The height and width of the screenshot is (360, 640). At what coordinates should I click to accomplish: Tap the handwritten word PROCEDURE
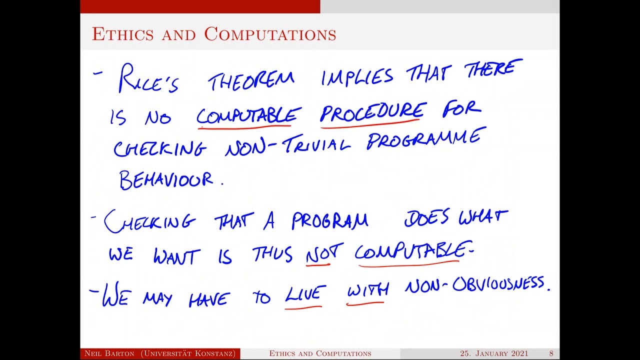tap(373, 111)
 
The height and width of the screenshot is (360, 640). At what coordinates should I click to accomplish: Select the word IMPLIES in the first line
tap(357, 77)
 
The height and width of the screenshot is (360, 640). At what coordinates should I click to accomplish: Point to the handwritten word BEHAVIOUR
tap(166, 180)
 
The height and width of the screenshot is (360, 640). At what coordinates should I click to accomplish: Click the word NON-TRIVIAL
tap(287, 145)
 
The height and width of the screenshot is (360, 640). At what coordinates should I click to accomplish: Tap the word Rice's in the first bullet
tap(148, 79)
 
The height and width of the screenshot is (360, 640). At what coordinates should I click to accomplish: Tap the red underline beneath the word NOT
tap(318, 264)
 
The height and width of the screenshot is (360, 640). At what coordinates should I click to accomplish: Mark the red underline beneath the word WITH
tap(367, 303)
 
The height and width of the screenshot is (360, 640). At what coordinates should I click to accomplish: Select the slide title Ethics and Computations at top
tap(214, 34)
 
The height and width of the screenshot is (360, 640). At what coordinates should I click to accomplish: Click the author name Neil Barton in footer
tap(109, 353)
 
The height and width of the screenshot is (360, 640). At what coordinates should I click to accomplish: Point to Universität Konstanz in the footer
tap(188, 353)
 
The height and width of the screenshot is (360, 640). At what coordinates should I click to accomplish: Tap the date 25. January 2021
tap(494, 353)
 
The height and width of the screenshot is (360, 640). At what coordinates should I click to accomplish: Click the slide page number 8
tap(551, 353)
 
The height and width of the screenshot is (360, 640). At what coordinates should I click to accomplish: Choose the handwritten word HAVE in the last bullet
tap(209, 299)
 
